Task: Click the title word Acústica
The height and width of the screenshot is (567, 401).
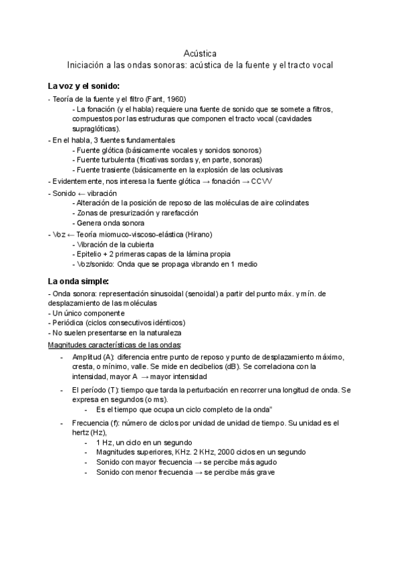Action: [x=200, y=53]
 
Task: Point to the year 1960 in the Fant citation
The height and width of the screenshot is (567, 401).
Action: [x=175, y=98]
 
